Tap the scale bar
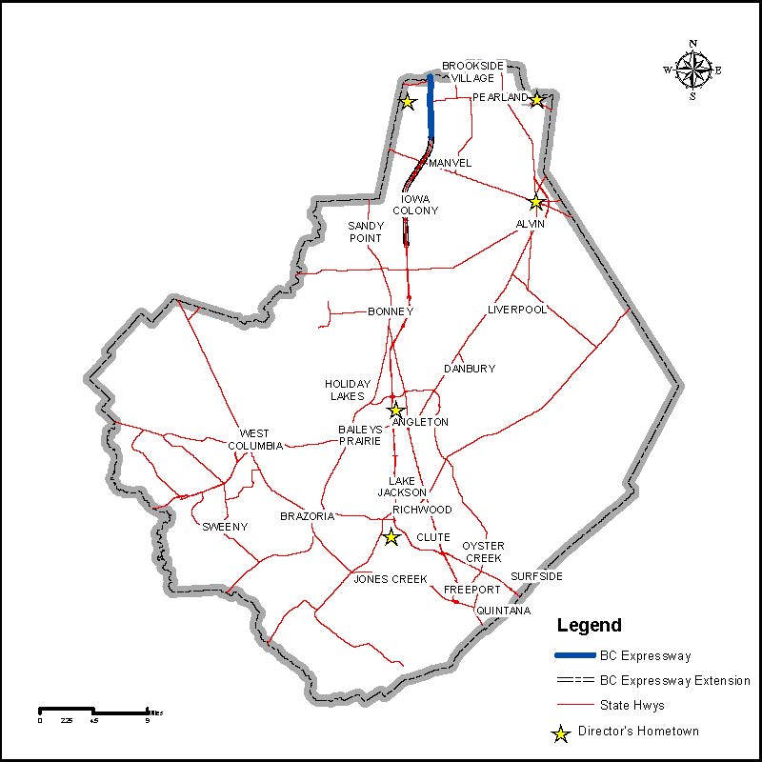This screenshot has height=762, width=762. [93, 711]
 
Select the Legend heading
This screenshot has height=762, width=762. [589, 626]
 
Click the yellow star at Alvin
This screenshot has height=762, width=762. [536, 202]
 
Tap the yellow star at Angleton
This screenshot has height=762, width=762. [396, 411]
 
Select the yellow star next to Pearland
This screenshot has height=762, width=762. [537, 100]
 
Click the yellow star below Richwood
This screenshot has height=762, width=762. [391, 537]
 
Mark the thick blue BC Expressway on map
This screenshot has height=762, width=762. [431, 105]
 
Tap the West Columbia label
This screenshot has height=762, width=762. [254, 439]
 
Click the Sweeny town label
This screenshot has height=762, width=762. [225, 527]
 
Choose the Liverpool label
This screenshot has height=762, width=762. [517, 310]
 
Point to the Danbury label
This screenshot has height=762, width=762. [470, 369]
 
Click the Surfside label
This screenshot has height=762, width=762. [536, 577]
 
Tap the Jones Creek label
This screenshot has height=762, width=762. [390, 579]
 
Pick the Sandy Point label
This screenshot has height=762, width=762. [365, 231]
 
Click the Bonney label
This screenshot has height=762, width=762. [391, 312]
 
